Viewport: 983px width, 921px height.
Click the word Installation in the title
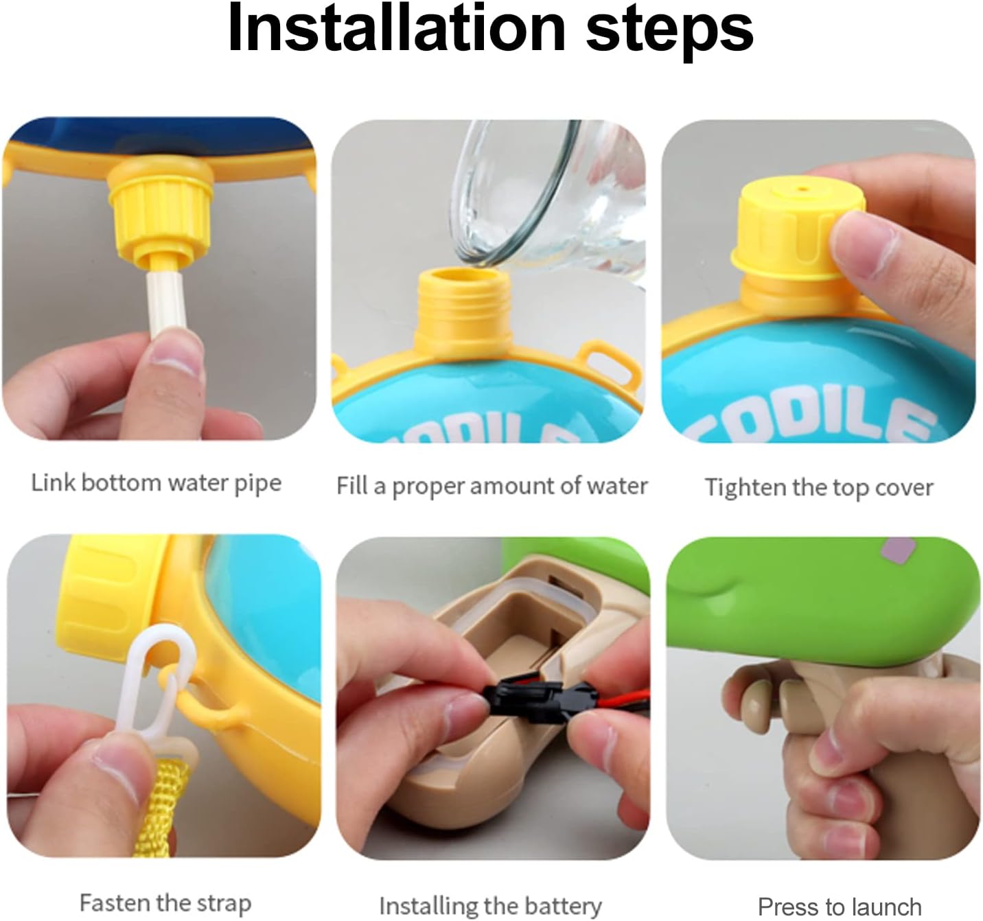(397, 30)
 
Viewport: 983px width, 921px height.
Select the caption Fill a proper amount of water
(492, 487)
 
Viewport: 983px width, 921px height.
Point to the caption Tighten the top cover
(819, 487)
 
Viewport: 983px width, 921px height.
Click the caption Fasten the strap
(165, 903)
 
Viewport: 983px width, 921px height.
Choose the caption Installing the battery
(491, 907)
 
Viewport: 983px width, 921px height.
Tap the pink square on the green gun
(898, 550)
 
